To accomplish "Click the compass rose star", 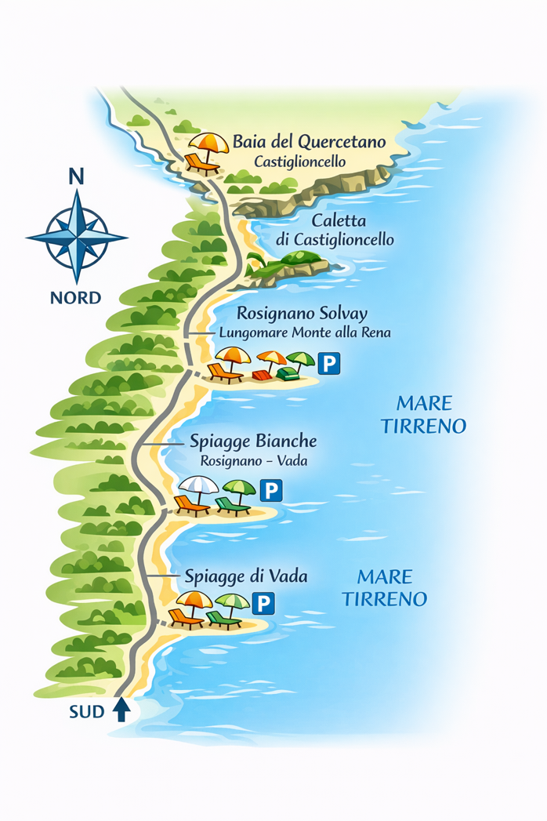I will pos(76,235).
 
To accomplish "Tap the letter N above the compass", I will pos(76,176).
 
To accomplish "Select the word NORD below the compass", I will pos(75,298).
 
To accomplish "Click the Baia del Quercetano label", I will pos(309,143).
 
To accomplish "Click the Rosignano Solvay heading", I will pos(302,314).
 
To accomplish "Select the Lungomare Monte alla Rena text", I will pos(305,333).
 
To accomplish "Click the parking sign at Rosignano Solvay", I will pos(331,363).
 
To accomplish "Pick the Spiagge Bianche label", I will pos(253,441).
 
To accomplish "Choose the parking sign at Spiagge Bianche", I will pos(270,491).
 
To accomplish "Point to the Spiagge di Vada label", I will pos(245,576).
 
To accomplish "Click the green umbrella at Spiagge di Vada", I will pos(232,601).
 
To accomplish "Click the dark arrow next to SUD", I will pos(121,710).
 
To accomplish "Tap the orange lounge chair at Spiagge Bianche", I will pos(191,505).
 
